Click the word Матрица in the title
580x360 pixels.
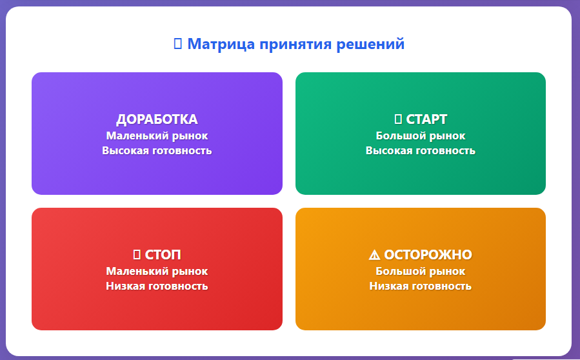click(x=221, y=44)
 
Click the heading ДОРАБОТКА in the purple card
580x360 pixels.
click(x=157, y=119)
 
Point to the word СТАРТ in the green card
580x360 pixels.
click(x=427, y=119)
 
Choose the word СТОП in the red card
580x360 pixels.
click(x=163, y=255)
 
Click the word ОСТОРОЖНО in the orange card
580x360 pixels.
click(x=428, y=255)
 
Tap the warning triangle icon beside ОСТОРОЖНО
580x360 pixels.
click(x=374, y=255)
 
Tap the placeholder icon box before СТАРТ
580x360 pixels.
click(x=398, y=119)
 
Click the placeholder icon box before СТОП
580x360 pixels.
click(x=137, y=255)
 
